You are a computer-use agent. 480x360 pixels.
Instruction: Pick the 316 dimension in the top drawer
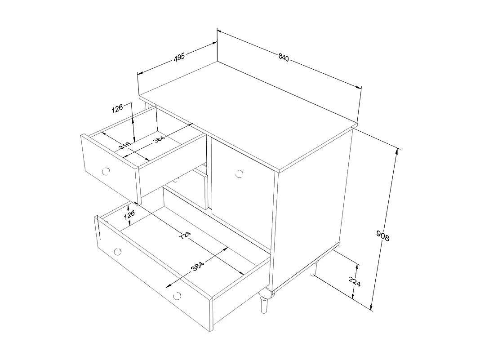coord(125,146)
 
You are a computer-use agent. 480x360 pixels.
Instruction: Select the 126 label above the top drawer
coord(118,109)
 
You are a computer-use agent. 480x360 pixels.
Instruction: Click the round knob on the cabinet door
coord(239,173)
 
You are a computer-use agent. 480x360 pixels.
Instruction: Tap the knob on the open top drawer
coord(106,171)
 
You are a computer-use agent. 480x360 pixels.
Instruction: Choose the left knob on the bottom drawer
coord(118,251)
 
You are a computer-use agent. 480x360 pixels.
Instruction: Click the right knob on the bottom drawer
coord(177,295)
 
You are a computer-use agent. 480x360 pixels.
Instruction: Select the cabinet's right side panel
coord(315,207)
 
